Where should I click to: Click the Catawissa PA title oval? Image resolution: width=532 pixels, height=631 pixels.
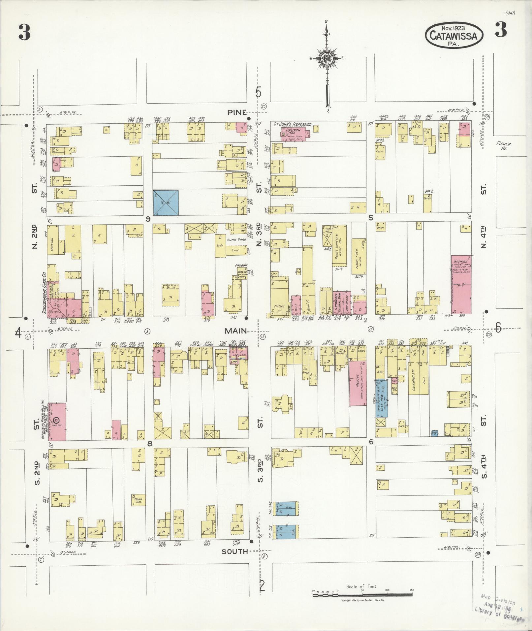click(x=454, y=35)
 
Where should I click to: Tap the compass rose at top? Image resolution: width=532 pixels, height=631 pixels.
click(x=327, y=59)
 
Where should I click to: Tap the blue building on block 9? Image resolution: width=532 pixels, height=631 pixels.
click(x=166, y=203)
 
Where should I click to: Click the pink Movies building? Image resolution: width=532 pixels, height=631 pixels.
click(x=358, y=383)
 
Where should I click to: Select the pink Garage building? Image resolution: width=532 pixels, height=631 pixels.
click(x=461, y=284)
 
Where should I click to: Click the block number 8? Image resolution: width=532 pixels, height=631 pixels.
click(x=150, y=443)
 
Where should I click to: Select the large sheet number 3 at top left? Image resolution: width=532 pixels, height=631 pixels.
click(x=24, y=32)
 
